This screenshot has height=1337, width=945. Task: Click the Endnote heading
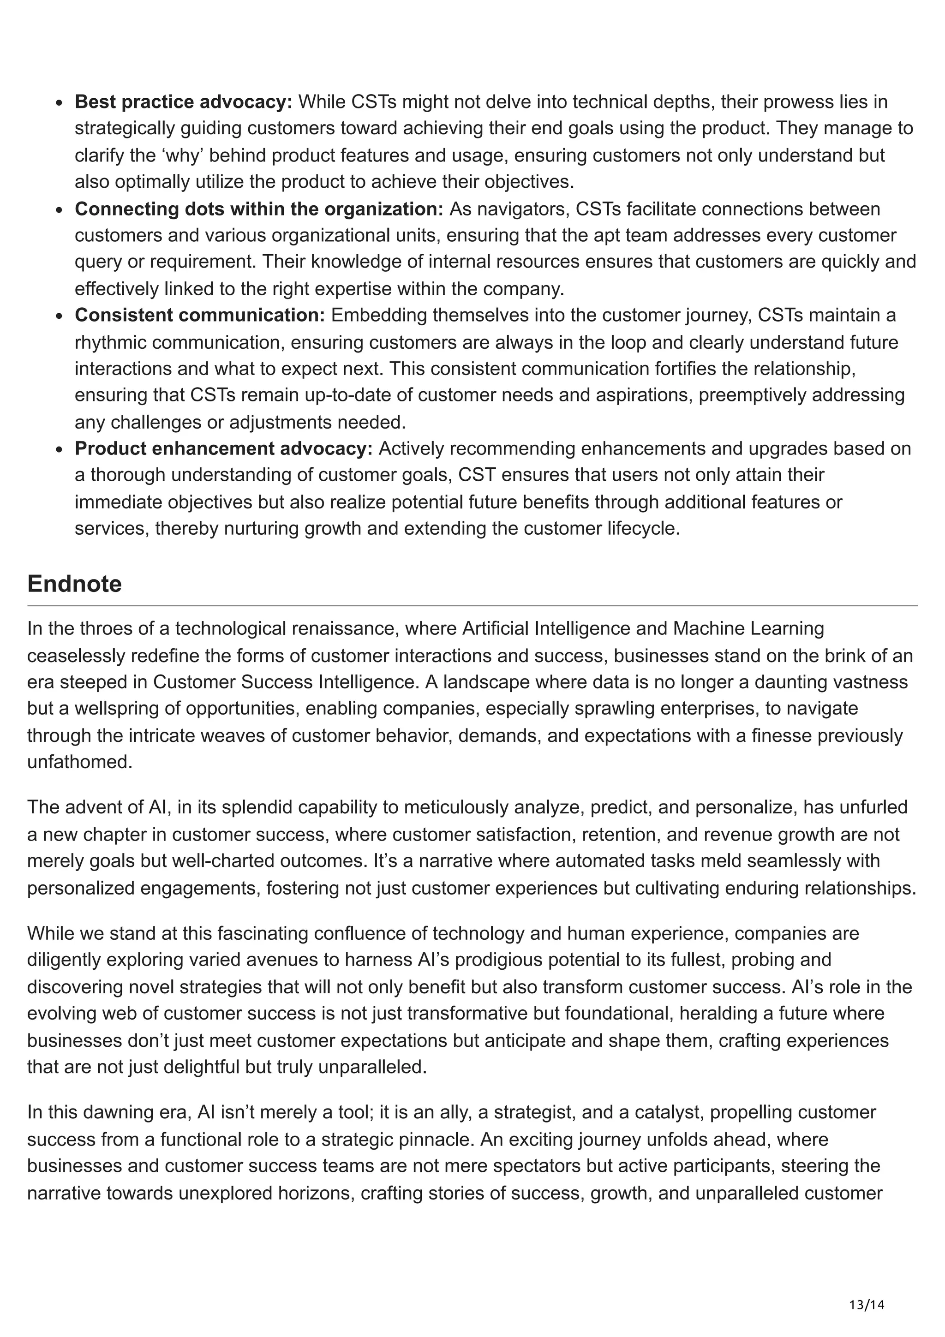tap(75, 584)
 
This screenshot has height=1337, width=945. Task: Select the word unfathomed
tap(80, 762)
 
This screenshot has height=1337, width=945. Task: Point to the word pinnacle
tap(437, 1139)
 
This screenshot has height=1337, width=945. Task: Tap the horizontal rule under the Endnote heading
tap(472, 606)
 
